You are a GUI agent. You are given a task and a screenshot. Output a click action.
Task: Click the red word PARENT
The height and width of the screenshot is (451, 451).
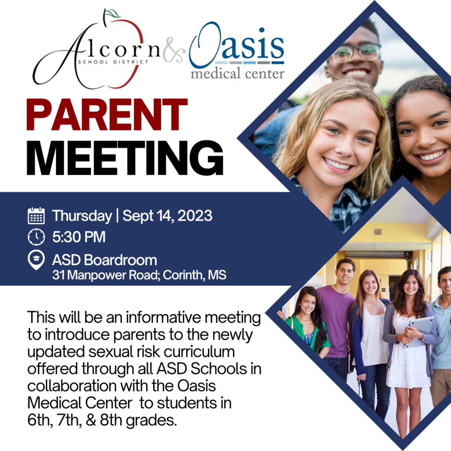(x=107, y=115)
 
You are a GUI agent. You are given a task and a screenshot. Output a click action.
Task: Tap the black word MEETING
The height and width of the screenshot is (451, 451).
(x=125, y=158)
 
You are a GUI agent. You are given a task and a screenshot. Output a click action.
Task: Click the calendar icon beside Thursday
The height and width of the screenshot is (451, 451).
(x=36, y=215)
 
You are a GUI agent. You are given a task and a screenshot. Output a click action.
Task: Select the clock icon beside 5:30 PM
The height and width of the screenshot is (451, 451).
(x=36, y=237)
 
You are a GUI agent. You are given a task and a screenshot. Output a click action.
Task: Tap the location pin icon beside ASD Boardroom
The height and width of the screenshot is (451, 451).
(x=36, y=260)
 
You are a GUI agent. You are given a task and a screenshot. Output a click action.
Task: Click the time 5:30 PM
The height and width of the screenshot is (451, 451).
(x=79, y=237)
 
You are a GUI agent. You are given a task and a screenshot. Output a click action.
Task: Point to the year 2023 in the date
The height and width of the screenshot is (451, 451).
(x=195, y=216)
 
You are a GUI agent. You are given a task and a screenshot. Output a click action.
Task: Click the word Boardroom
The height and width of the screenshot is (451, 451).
(x=121, y=260)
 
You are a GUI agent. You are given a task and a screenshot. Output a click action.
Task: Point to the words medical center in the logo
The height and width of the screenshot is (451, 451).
(x=237, y=74)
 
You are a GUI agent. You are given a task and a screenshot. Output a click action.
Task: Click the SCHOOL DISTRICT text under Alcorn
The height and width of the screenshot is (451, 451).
(x=113, y=62)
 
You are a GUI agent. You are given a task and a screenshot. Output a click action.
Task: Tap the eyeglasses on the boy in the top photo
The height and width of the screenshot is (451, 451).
(x=356, y=52)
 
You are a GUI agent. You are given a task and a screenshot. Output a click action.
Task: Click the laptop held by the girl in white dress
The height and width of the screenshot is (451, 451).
(x=419, y=331)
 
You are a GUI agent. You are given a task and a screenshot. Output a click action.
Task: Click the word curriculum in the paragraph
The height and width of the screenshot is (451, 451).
(x=199, y=352)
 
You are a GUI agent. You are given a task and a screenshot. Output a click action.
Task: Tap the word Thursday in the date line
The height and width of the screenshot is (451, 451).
(x=82, y=216)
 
